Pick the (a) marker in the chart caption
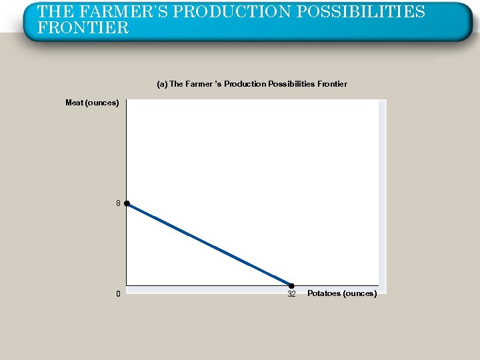162,84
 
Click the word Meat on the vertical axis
74,103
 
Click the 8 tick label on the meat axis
118,203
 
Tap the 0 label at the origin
118,294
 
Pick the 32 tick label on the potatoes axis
291,294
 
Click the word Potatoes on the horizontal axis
323,294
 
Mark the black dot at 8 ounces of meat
126,203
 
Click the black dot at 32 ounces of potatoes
291,286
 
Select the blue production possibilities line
209,245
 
